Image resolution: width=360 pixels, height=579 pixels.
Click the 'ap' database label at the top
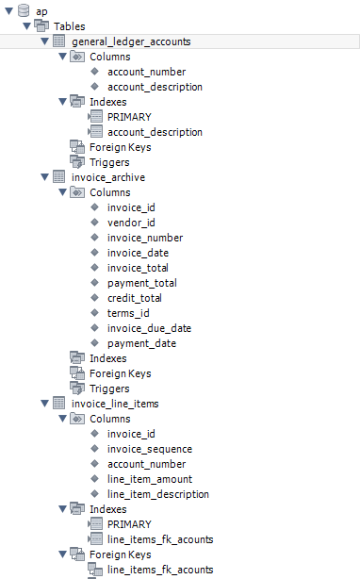point(41,11)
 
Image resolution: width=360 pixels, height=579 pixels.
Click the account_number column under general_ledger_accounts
point(146,72)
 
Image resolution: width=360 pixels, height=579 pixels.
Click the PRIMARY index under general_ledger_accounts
point(129,117)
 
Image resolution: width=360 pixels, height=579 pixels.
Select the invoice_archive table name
point(107,177)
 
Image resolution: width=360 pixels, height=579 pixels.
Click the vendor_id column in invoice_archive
point(131,223)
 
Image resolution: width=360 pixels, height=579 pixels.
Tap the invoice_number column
point(144,238)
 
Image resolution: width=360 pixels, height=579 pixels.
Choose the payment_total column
point(141,283)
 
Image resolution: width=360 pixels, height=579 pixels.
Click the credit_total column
point(134,298)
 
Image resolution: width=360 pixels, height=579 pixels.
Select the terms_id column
point(128,313)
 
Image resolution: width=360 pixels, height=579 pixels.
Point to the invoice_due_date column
point(149,328)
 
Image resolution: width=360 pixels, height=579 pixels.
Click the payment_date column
point(141,343)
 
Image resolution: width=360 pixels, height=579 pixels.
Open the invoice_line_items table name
point(115,404)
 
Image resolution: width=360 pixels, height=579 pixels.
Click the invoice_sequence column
point(151,449)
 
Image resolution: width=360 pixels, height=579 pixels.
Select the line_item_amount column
point(151,479)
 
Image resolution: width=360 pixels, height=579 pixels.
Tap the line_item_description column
point(158,494)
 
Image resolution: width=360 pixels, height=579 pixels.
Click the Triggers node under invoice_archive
point(109,389)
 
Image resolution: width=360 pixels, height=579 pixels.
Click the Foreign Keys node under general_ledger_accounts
point(120,147)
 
